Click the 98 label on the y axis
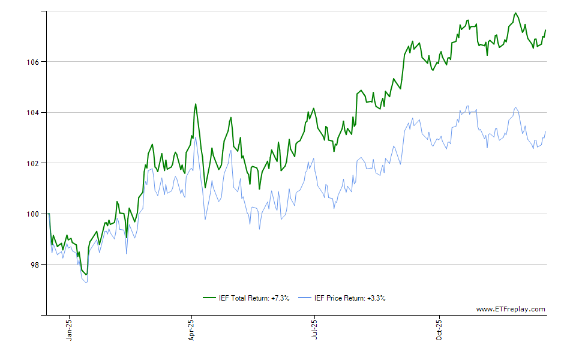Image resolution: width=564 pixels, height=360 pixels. [35, 265]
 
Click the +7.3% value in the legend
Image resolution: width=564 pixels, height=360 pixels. [280, 298]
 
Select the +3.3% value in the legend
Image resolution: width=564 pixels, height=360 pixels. [376, 298]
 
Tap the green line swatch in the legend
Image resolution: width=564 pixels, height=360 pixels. [209, 298]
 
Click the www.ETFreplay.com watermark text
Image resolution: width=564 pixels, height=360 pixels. [511, 310]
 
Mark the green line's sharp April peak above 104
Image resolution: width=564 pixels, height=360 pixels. [195, 104]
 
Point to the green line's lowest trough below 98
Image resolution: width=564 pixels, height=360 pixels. [86, 275]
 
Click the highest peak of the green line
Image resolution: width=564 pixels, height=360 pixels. [515, 13]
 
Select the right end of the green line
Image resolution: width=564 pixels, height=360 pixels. [545, 30]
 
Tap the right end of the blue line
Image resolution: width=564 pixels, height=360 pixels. [545, 131]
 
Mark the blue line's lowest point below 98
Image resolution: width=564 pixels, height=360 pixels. [87, 283]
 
